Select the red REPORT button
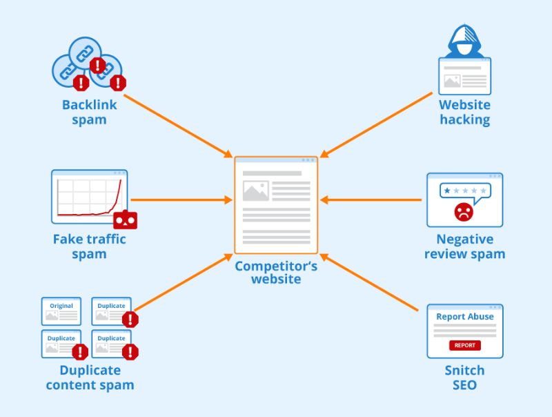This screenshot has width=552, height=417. click(464, 345)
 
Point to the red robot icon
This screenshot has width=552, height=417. click(126, 220)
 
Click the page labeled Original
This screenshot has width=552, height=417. click(61, 311)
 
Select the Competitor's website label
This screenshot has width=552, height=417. click(276, 273)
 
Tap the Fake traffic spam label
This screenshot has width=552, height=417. click(89, 246)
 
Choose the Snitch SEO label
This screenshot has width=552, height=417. click(464, 378)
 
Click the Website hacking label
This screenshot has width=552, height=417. click(465, 113)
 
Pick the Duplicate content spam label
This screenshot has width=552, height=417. click(90, 377)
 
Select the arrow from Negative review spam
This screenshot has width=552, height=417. click(373, 200)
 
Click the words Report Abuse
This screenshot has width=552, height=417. click(464, 317)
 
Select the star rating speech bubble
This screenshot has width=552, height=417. click(465, 190)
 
